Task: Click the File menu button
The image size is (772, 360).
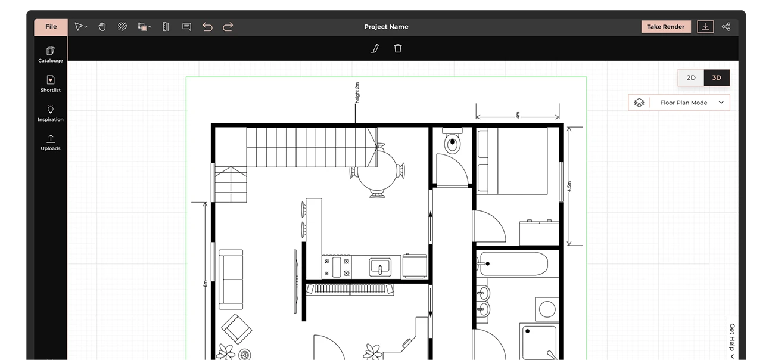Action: coord(51,27)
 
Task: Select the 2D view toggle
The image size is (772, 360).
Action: coord(691,77)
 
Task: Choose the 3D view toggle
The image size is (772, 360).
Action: coord(717,77)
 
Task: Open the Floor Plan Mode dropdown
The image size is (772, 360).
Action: coord(679,103)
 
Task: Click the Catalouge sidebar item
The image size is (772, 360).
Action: coord(51,54)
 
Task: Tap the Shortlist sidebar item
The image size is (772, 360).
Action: coord(51,84)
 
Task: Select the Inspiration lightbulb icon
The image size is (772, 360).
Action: coord(51,109)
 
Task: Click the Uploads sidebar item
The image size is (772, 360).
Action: coord(51,142)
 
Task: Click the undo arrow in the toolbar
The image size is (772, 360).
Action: coord(207,27)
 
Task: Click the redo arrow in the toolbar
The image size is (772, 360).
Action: coord(228,27)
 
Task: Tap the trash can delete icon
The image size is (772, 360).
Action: coord(398,48)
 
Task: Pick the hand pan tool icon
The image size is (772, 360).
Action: coord(102,27)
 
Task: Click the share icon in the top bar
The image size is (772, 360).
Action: coord(726,27)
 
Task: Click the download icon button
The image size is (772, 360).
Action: coord(705,27)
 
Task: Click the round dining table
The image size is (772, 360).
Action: coord(378,170)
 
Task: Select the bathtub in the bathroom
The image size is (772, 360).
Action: coord(513,264)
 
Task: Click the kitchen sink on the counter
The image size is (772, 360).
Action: coord(380,267)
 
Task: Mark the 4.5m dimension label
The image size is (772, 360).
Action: coord(569,186)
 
